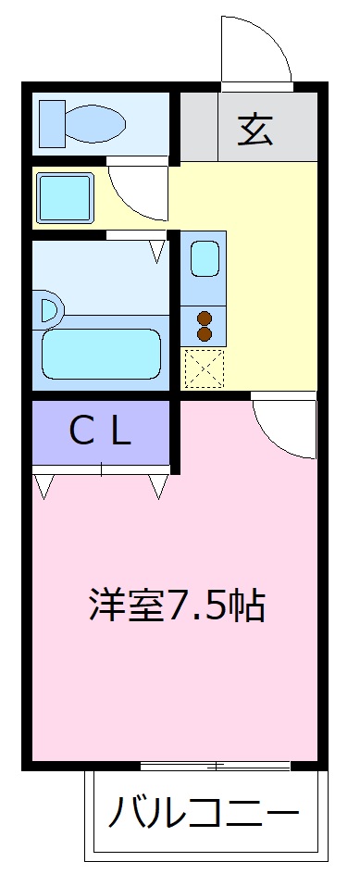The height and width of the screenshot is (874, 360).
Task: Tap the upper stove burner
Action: (x=205, y=318)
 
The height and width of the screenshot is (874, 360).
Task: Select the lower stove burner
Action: (x=205, y=334)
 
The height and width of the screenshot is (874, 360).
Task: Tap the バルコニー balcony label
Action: (x=204, y=816)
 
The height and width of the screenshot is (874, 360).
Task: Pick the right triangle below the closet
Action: (x=158, y=484)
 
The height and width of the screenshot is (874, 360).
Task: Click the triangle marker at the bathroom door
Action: (x=158, y=249)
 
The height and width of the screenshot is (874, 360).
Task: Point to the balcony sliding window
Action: (x=215, y=766)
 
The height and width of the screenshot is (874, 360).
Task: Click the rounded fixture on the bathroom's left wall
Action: (x=48, y=308)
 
